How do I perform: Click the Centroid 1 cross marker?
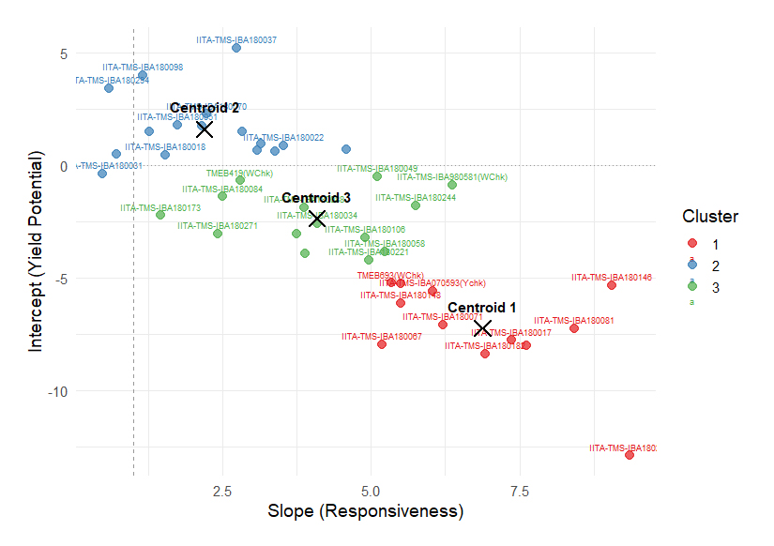483,328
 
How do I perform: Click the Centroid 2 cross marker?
205,129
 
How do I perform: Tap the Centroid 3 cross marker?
317,219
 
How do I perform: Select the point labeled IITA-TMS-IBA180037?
236,48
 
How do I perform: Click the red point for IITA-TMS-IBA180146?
612,285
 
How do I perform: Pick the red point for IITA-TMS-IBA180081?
574,328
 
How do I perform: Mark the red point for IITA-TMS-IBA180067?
382,344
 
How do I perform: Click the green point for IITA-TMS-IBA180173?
160,215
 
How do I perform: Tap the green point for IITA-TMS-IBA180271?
218,234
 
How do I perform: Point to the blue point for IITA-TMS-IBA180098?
143,75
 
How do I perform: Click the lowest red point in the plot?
630,455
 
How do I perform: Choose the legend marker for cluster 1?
692,244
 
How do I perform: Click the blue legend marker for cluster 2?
692,265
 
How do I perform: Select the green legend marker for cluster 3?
692,287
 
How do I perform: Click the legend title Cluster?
709,217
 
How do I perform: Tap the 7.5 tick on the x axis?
520,492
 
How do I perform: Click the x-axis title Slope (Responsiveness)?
366,512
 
